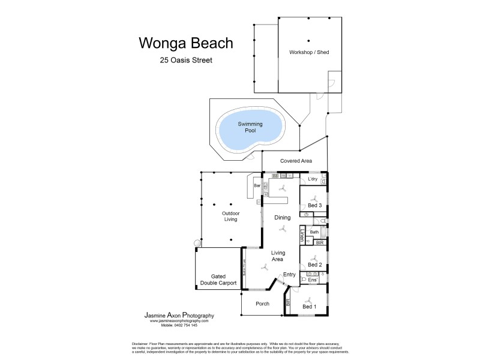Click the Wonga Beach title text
(186, 43)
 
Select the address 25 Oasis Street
(186, 60)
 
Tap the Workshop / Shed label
(309, 52)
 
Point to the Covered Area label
(296, 161)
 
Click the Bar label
(257, 187)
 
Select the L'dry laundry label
(313, 179)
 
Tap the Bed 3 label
(315, 206)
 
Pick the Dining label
(283, 217)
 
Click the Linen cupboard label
(302, 235)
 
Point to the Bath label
(314, 232)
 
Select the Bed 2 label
(315, 265)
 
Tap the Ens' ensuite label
(313, 280)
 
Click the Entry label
(290, 275)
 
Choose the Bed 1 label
(310, 307)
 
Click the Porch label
(261, 304)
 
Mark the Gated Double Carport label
(219, 279)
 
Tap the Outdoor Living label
(230, 216)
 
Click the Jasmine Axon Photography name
(179, 315)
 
